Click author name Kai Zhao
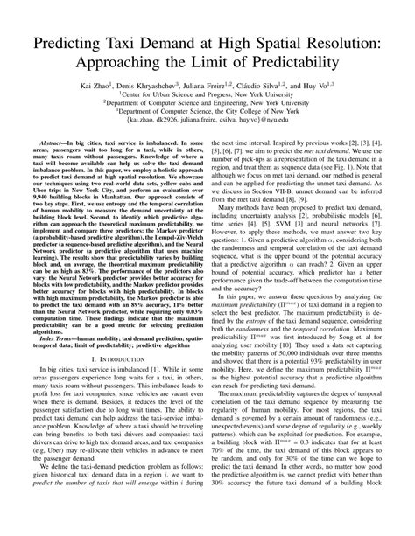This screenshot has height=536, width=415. (x=94, y=87)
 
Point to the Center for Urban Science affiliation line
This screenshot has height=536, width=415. (x=207, y=96)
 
